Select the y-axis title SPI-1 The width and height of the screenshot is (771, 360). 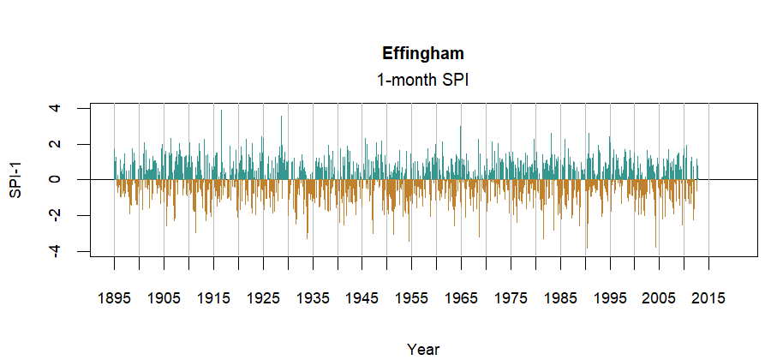point(15,180)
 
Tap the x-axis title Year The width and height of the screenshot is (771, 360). point(423,349)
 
